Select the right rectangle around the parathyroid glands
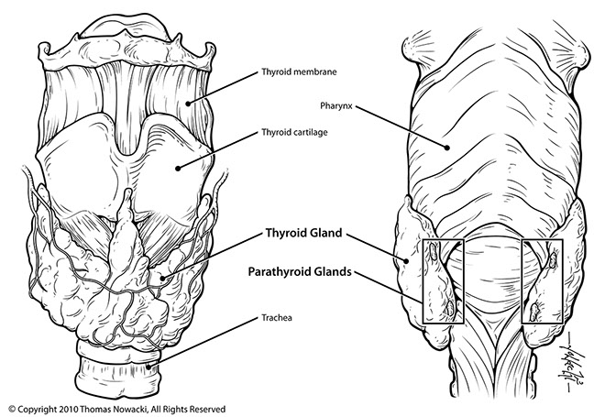(541, 280)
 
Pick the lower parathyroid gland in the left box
(447, 310)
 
